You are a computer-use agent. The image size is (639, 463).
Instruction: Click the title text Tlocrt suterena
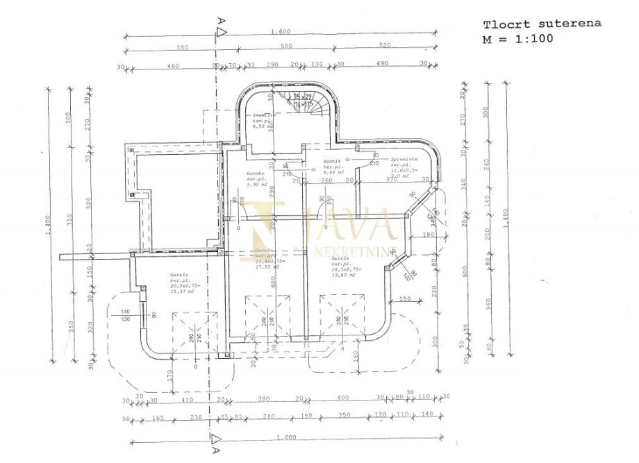point(542,24)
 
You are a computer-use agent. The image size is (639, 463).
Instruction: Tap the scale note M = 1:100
point(518,39)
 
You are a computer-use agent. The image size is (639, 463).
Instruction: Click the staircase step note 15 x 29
point(302,96)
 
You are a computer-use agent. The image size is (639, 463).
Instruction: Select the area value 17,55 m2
point(267,266)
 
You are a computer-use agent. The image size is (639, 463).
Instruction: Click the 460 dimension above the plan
point(173,65)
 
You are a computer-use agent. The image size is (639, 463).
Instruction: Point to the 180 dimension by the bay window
point(427,235)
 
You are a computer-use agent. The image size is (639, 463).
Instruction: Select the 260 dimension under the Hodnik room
point(326,180)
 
